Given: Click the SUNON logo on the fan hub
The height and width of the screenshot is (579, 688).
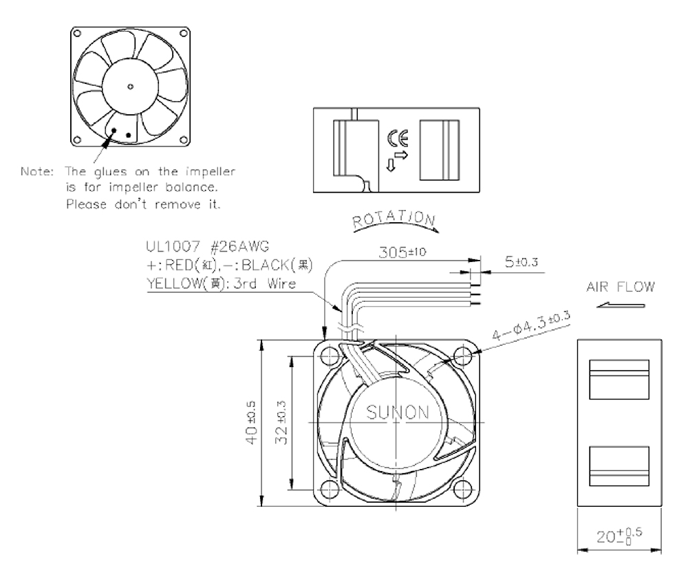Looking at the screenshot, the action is [397, 413].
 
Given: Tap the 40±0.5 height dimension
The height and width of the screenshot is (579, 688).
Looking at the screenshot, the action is [252, 423].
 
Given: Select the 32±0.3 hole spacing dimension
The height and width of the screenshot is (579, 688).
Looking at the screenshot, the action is [281, 423].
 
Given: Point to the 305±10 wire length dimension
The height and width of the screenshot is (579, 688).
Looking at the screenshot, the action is [402, 252].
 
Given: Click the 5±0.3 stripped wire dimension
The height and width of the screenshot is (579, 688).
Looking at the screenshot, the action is [522, 262].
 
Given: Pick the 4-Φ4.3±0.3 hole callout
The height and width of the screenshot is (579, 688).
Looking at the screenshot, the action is [531, 326].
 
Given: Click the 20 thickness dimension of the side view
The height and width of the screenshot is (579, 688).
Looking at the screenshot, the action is [619, 536].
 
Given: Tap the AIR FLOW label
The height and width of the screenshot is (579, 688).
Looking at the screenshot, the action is [621, 287].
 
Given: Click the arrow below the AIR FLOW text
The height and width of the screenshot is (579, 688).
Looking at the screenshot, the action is [621, 305].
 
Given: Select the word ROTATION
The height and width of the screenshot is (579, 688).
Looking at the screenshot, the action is [394, 219].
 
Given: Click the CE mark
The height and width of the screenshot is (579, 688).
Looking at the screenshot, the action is [398, 138].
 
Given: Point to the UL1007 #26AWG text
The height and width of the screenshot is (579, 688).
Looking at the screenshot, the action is [207, 246].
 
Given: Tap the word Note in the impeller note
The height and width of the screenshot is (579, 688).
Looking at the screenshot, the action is [37, 171].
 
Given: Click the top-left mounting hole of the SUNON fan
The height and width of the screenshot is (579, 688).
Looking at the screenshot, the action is [330, 356].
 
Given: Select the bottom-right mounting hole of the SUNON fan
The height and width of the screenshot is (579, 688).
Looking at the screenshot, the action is [462, 489].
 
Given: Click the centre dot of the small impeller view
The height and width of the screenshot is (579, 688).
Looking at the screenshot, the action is [130, 87].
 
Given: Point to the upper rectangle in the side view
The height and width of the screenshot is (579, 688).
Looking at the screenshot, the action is [619, 380].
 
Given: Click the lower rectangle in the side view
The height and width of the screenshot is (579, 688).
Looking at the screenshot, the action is [619, 466].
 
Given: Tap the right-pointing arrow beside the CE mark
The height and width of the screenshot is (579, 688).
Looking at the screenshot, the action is [401, 155].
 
